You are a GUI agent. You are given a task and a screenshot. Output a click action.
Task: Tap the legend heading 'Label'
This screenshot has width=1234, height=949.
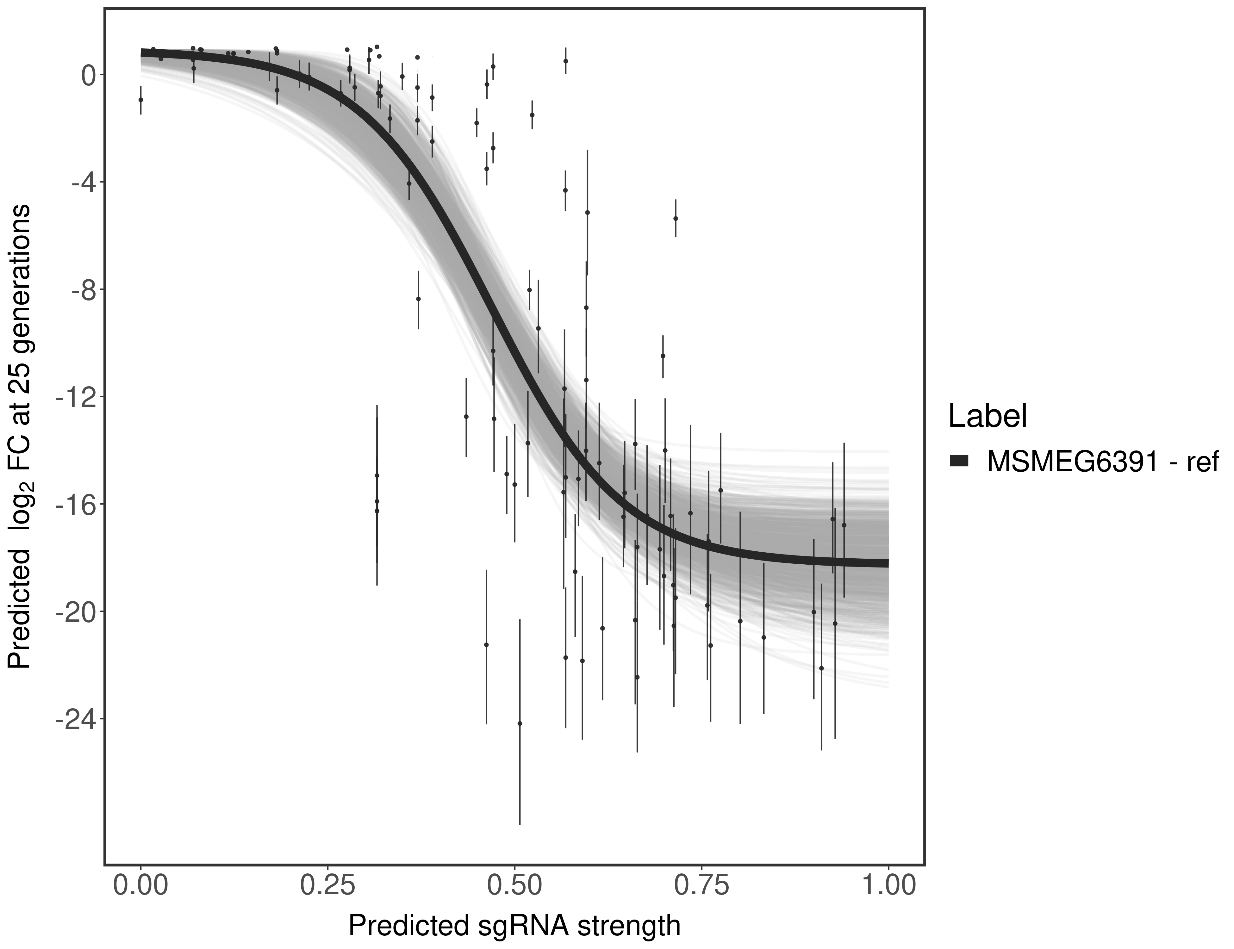click(987, 416)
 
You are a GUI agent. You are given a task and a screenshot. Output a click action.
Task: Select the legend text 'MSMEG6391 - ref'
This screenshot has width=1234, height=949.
click(1104, 462)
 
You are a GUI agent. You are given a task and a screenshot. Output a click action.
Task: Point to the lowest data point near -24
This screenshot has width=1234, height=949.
click(520, 723)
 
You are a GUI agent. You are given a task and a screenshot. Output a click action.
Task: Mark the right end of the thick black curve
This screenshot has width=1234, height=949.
click(887, 563)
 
